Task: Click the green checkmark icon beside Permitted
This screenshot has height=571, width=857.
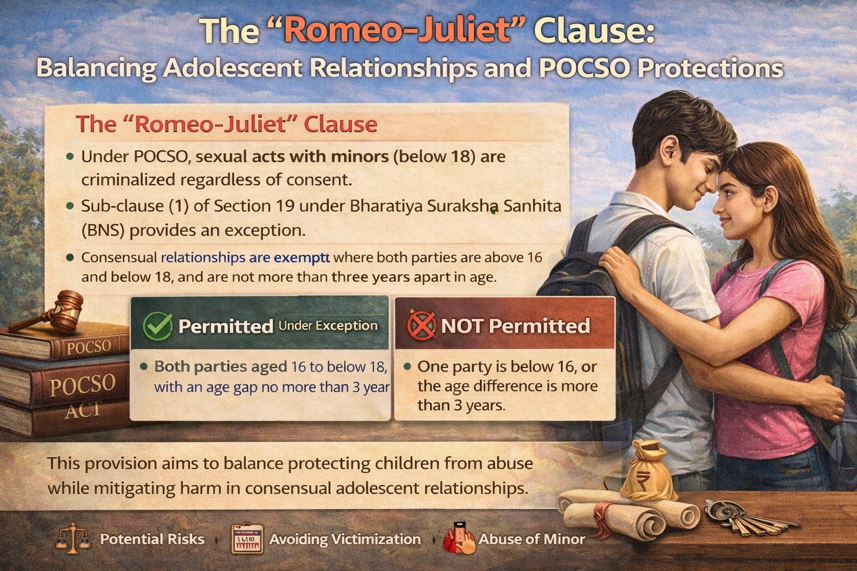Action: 157,326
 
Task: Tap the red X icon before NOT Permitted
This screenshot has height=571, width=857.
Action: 421,325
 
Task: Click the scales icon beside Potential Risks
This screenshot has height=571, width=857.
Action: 73,539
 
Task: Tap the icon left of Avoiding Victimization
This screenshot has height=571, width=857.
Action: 247,539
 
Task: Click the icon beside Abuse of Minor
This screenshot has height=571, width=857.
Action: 459,539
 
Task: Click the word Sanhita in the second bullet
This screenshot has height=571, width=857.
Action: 532,206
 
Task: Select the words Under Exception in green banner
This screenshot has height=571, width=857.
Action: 328,326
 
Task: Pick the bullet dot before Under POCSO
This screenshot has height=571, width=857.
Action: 70,157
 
